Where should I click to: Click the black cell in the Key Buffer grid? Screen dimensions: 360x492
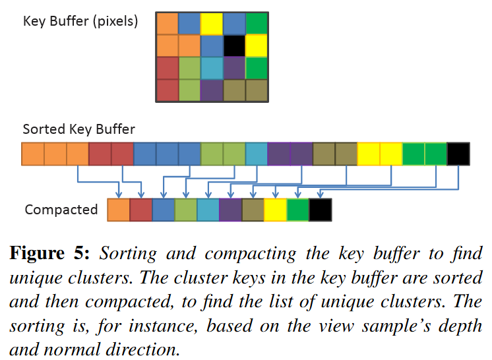[234, 45]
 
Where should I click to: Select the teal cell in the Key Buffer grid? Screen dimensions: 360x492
[212, 68]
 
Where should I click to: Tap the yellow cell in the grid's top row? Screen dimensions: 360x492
[212, 23]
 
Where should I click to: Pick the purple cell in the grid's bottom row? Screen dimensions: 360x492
[212, 90]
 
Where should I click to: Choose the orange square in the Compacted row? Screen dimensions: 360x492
[118, 210]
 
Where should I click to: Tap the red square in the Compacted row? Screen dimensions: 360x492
[140, 210]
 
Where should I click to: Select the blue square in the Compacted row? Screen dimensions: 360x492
[163, 210]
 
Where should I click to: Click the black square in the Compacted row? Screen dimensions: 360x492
[320, 210]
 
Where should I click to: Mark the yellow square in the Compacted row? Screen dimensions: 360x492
[275, 210]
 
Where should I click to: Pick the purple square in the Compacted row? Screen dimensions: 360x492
[230, 210]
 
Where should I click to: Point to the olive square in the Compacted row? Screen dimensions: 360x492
[253, 210]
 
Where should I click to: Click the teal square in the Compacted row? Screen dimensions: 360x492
[208, 210]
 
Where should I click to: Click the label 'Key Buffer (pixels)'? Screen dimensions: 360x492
[80, 22]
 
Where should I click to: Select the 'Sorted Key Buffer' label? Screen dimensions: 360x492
[79, 129]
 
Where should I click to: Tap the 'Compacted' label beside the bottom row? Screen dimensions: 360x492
[61, 210]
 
